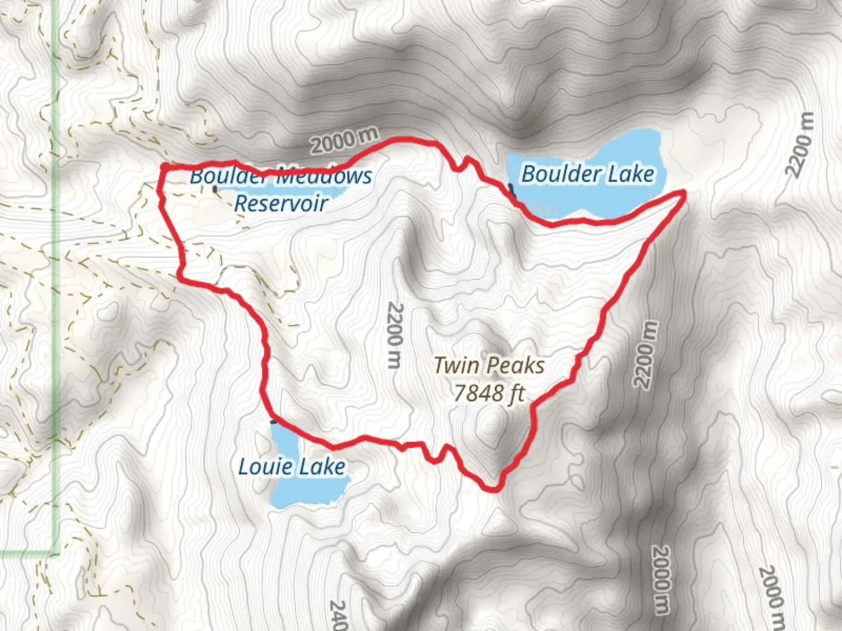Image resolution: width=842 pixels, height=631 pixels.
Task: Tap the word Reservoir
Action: (x=281, y=203)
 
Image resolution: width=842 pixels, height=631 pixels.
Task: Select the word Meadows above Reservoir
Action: (x=323, y=175)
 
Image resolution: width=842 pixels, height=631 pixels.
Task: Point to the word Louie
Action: (x=264, y=467)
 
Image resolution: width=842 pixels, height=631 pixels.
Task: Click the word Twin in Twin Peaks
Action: (x=456, y=366)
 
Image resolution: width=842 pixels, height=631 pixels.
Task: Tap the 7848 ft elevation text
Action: (x=489, y=393)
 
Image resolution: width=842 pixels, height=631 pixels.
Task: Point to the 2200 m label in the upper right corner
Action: (x=799, y=144)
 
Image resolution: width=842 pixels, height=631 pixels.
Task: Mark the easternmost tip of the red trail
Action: (x=684, y=192)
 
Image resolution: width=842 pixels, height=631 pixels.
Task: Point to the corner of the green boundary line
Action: (x=57, y=552)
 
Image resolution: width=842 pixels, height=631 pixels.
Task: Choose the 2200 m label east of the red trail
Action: (x=646, y=355)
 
